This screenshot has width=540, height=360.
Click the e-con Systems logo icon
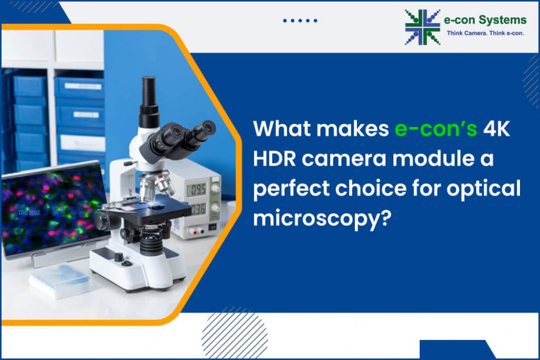tap(422, 26)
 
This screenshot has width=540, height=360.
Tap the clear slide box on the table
tap(60, 280)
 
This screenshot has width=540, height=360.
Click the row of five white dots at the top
tap(300, 21)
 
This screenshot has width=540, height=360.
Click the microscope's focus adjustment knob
tap(102, 221)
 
